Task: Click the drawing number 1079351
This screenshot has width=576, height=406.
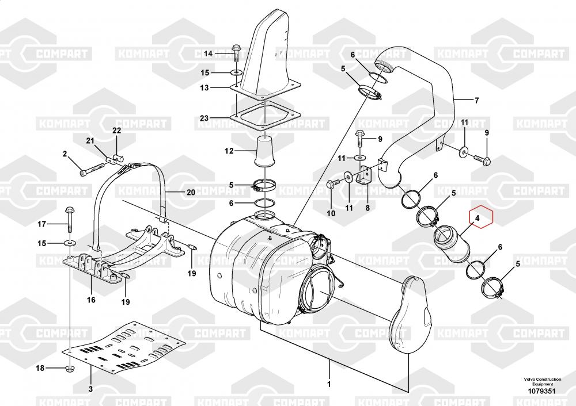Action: (x=542, y=391)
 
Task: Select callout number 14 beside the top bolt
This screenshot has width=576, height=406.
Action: (x=209, y=53)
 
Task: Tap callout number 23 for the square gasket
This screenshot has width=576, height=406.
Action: (x=204, y=118)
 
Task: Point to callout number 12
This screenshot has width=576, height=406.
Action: (x=229, y=151)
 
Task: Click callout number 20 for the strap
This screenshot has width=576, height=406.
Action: (x=191, y=192)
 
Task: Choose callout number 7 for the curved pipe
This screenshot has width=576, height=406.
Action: (x=477, y=100)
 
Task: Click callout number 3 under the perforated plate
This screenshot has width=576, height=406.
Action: (x=90, y=389)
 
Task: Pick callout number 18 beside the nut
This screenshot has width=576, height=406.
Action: (x=40, y=368)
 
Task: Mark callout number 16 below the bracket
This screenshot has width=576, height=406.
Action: (x=91, y=300)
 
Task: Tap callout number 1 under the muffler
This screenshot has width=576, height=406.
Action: (x=329, y=384)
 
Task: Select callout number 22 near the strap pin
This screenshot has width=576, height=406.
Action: (x=116, y=131)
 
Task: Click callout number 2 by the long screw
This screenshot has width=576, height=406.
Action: (x=65, y=154)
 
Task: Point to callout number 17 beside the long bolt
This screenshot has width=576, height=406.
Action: (x=42, y=224)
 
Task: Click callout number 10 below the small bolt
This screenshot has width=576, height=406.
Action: (x=331, y=213)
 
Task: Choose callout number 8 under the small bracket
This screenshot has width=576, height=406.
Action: (x=367, y=208)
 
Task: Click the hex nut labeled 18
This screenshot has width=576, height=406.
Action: (x=70, y=369)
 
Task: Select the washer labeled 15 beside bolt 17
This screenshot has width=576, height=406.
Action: (x=70, y=243)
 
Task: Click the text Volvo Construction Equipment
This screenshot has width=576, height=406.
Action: (x=543, y=381)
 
